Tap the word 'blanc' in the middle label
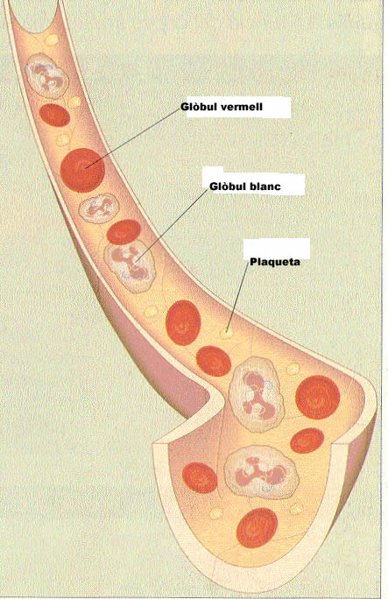265,187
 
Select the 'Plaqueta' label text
275,262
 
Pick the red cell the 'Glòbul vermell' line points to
82,170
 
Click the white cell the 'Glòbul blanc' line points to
130,266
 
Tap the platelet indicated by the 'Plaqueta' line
227,334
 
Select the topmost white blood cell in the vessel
47,75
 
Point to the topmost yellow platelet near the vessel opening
51,39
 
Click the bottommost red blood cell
257,528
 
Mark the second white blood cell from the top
99,208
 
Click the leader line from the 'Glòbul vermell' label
134,138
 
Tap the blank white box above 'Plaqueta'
277,248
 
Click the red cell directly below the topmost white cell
54,115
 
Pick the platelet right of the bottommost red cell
295,509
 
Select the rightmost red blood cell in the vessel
318,398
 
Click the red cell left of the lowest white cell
200,477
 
